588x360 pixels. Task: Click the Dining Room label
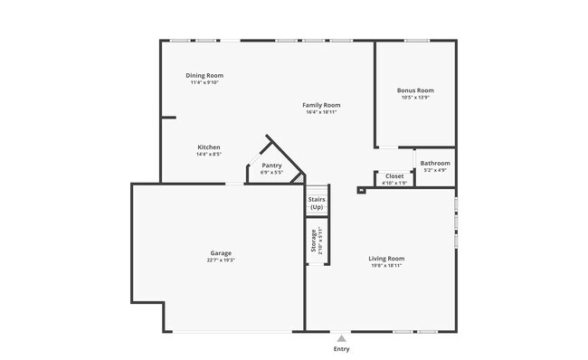coord(204,75)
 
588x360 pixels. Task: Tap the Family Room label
coord(321,106)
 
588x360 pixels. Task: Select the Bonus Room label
coord(415,90)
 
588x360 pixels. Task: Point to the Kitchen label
coord(209,147)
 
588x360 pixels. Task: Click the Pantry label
coord(271,166)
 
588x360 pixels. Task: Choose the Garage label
coord(221,253)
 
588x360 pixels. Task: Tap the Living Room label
coord(386,258)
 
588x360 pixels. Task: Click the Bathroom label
coord(435,163)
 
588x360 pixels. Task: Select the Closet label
coord(394,175)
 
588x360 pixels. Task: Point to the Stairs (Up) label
coord(317,204)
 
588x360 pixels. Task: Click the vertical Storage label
coord(314,242)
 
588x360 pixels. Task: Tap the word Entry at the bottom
coord(341,349)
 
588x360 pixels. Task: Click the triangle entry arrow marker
coord(341,337)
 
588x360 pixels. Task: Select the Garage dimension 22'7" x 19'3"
coord(221,261)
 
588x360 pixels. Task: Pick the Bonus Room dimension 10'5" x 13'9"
coord(415,98)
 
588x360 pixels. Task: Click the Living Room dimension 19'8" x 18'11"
coord(386,265)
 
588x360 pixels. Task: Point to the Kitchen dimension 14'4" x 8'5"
coord(209,155)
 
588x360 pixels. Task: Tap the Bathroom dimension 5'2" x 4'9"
coord(435,170)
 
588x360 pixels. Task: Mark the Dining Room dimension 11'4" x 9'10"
coord(204,82)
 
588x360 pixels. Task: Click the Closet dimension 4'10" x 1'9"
coord(394,183)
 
